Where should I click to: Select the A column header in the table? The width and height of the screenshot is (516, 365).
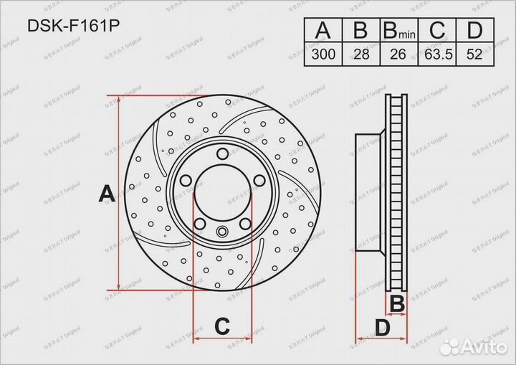click(x=322, y=30)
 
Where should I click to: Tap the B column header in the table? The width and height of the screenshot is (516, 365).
click(x=360, y=30)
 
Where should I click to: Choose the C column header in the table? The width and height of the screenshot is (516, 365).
click(x=436, y=30)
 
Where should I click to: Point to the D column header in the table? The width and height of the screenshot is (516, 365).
click(x=474, y=30)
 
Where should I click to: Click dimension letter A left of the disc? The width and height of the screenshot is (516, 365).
click(x=106, y=194)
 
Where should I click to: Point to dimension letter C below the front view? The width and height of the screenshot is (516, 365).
click(x=222, y=327)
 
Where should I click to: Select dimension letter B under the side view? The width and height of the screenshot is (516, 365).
click(x=396, y=304)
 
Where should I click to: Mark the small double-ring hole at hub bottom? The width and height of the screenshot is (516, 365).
click(x=222, y=231)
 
